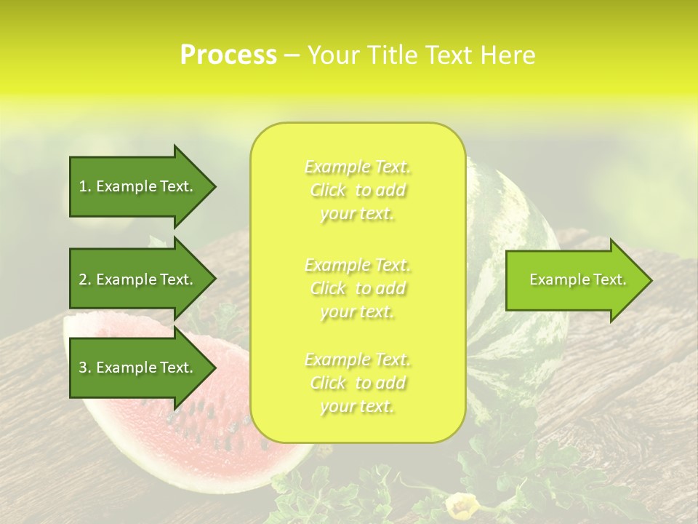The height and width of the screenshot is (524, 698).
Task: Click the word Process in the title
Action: pos(228,55)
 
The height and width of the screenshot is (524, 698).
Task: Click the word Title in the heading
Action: pos(391,55)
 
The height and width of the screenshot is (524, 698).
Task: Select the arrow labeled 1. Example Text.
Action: pos(138,186)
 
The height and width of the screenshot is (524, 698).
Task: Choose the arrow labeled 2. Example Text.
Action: pos(138,279)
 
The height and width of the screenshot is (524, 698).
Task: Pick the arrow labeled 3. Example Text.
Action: pos(138,368)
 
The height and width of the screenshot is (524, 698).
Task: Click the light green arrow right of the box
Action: pos(574,280)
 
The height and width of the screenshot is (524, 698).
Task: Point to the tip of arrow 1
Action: pos(214,186)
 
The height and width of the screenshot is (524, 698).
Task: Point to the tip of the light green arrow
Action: pos(651,280)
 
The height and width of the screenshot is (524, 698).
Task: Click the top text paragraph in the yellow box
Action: pos(358,190)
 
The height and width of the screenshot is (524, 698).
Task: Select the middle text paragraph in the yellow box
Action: pos(358,288)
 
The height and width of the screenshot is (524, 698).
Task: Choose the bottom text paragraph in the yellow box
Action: pos(358,383)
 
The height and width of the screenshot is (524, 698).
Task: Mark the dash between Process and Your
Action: pos(292,55)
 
